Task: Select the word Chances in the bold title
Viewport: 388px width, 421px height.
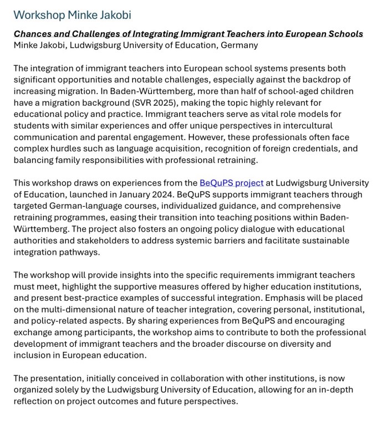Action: tap(32, 34)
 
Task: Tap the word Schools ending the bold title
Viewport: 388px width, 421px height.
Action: tap(344, 34)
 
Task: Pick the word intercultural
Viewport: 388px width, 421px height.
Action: tap(317, 126)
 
